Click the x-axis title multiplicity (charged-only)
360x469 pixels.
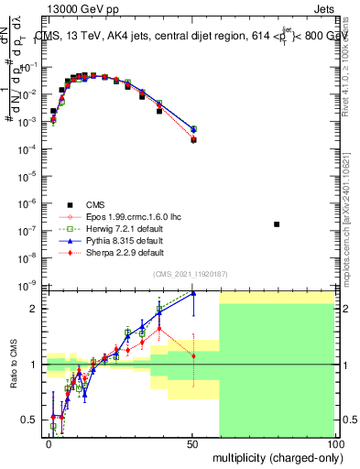pyautogui.click(x=273, y=455)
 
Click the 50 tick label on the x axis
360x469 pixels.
pyautogui.click(x=191, y=444)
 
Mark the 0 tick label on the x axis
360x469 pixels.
pyautogui.click(x=49, y=444)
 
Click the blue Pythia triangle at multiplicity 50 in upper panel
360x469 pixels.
pyautogui.click(x=193, y=129)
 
